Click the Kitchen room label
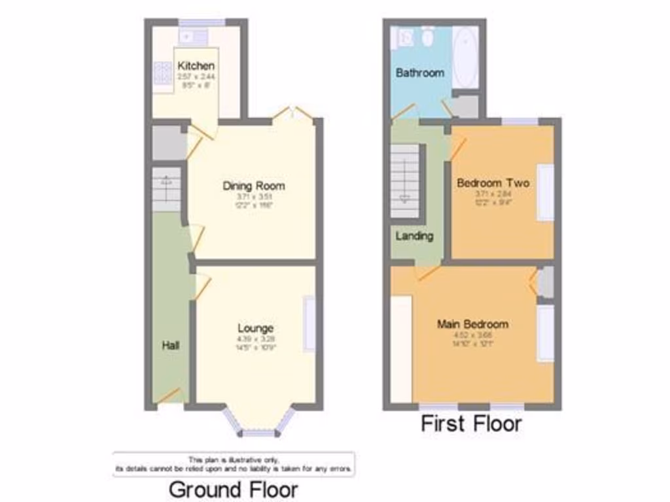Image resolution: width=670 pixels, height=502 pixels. pos(196,66)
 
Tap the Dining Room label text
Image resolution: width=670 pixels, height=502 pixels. pos(254,186)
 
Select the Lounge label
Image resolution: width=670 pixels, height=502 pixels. pos(255,328)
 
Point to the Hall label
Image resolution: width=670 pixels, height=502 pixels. pos(171,344)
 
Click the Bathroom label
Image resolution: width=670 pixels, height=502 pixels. pos(419,73)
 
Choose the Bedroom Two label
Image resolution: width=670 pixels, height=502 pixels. pos(493,183)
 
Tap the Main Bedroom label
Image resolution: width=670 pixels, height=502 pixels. pos(473,324)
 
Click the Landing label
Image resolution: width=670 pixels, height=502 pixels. pos(414,236)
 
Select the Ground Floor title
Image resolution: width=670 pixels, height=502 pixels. pos(234,489)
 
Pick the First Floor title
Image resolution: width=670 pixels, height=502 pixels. pos(471,424)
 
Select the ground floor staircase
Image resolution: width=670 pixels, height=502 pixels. pos(166,189)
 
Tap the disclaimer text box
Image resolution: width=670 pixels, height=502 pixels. pos(234,464)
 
